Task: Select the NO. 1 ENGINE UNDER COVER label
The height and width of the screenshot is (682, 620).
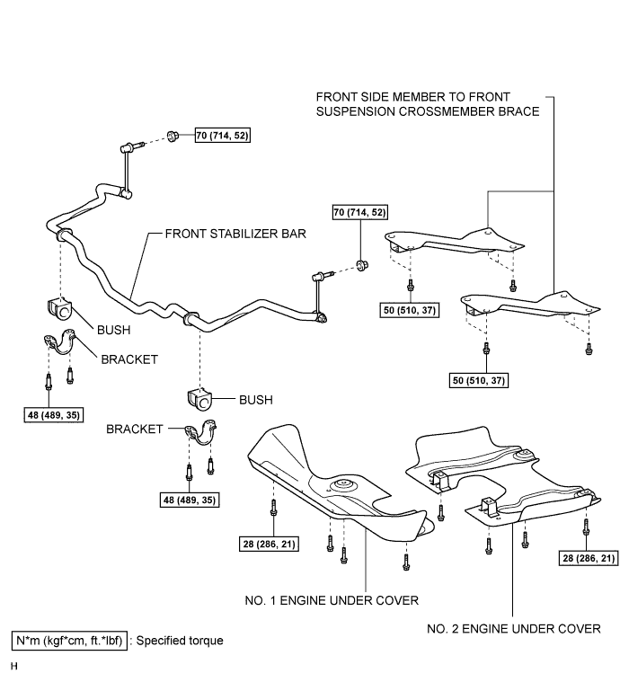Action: [332, 600]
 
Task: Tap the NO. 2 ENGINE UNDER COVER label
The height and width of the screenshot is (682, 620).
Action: [513, 629]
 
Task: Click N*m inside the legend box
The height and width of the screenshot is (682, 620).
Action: [28, 641]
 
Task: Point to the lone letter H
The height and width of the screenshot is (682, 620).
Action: [14, 667]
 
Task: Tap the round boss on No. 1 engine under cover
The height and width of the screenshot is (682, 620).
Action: [341, 485]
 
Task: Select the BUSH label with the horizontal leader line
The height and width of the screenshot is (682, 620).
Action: [256, 400]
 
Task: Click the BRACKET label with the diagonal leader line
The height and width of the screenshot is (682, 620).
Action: [129, 359]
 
